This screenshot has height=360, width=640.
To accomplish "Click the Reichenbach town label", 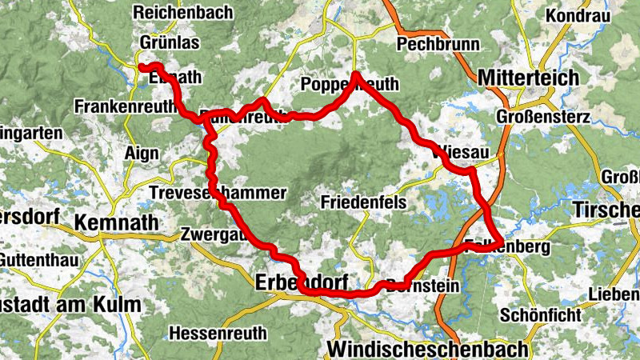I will [x=183, y=12].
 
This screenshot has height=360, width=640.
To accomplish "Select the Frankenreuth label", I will [x=125, y=106].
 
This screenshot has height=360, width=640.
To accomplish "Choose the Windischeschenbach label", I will [x=428, y=350].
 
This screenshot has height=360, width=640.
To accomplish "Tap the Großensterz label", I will [x=543, y=117].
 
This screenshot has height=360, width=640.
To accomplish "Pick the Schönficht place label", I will [x=541, y=314].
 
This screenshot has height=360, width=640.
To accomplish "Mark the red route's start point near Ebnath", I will [x=142, y=67].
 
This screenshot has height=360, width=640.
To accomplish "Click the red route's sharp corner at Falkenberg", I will [x=501, y=242].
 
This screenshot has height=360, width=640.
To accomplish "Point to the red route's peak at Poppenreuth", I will [x=354, y=75].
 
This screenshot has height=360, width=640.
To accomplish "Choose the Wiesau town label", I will [x=462, y=152].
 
